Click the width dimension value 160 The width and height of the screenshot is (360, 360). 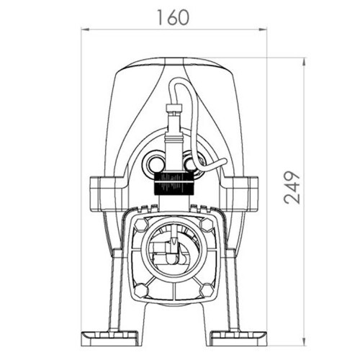pos(174,17)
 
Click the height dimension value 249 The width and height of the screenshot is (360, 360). pos(292,187)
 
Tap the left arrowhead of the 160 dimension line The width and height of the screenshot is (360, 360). pos(86,30)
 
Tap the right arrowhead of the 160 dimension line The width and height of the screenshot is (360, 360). pos(263,30)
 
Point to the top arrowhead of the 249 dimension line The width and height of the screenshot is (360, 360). pos(304,62)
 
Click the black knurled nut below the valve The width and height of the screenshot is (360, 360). pos(174,184)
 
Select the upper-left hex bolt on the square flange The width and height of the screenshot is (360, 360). pos(140,225)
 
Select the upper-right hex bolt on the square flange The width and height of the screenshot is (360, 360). pos(207,225)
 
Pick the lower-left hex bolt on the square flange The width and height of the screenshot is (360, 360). pos(140,290)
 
